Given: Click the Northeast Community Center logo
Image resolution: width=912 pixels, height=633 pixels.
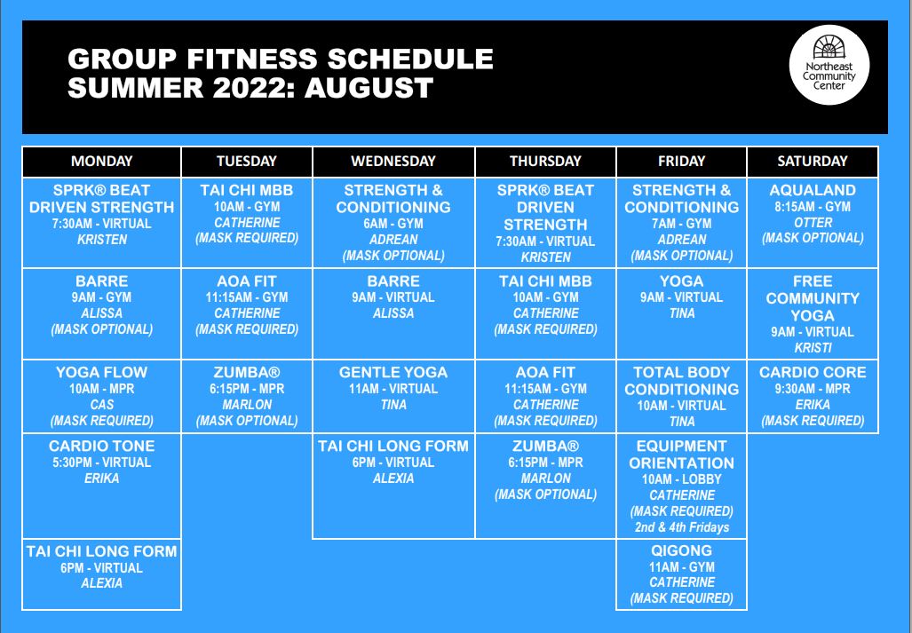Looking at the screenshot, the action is point(829,65).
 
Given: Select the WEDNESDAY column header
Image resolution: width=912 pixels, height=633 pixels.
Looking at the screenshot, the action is point(393,162).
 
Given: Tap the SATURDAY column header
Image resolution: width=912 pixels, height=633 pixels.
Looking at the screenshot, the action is point(813,162).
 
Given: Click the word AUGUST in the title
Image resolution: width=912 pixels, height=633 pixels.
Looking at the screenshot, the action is point(369,88).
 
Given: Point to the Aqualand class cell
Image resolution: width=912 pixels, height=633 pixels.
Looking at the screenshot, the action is point(813,223).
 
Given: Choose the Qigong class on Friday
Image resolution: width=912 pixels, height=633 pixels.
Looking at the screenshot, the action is point(681,574).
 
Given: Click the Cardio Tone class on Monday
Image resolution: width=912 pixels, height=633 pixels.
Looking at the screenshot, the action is point(102,486).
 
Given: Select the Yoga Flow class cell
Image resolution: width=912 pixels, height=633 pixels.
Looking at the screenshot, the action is point(102,397).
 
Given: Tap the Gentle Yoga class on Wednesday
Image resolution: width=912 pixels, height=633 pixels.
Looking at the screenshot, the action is point(393,397).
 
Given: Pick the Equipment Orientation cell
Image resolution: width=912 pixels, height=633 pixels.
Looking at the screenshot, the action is point(681,486).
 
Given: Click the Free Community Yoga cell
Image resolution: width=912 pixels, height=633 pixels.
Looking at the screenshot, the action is point(813,314).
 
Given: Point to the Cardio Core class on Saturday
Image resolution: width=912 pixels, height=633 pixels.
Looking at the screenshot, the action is point(813,397).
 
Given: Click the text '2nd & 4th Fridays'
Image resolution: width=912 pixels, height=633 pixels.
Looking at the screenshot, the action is point(682,527).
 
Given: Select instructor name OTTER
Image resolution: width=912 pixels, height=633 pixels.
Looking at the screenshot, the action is point(813,223).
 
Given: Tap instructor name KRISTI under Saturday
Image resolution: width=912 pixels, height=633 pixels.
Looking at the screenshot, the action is point(813,348).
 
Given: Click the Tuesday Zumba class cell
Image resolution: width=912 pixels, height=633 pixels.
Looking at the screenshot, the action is point(247,397).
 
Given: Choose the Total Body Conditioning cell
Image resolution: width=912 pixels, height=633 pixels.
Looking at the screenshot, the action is point(681,397).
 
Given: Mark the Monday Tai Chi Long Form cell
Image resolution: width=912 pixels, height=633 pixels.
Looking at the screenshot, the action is point(102,574).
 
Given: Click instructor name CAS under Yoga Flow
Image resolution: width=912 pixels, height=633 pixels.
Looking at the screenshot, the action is point(102,405).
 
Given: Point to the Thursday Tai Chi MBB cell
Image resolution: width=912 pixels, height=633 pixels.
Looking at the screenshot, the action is point(545,314).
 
